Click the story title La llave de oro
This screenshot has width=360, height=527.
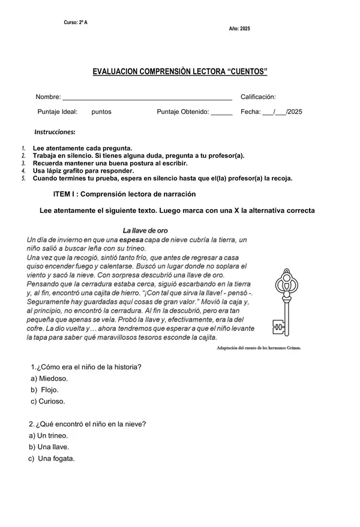click(145, 230)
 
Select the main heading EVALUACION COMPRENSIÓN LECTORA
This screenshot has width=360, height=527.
click(179, 71)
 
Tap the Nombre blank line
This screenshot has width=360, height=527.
click(147, 98)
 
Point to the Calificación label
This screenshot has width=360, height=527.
click(258, 97)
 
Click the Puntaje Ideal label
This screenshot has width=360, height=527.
click(58, 112)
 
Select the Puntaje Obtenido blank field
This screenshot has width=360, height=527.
click(221, 112)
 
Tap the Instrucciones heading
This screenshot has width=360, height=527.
click(55, 131)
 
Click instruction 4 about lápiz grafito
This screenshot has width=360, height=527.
click(83, 170)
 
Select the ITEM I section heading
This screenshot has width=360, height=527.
click(124, 194)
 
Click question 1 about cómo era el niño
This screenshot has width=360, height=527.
click(89, 367)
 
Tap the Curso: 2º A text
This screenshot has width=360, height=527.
click(76, 22)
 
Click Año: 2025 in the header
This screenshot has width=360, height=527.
click(239, 29)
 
